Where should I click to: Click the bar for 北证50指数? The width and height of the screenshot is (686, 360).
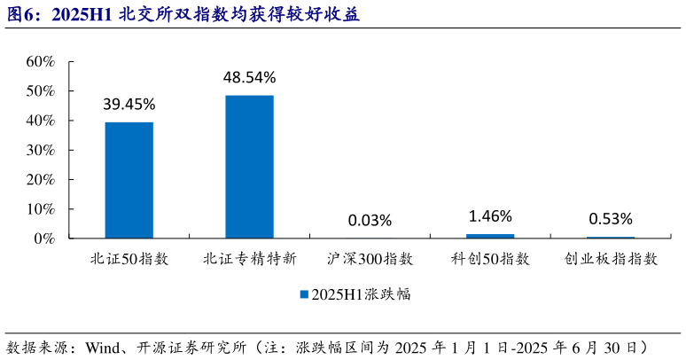[x=129, y=180]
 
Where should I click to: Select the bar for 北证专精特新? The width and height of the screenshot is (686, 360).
[x=249, y=167]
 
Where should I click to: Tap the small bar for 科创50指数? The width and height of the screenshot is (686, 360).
[x=490, y=236]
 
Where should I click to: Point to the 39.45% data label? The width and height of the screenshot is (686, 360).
[x=129, y=104]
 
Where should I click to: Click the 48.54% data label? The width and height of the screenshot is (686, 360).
[x=249, y=77]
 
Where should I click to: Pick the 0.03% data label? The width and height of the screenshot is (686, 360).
[x=370, y=220]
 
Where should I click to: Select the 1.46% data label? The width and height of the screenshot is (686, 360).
[x=490, y=215]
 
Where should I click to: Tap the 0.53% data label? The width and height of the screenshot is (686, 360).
[x=611, y=218]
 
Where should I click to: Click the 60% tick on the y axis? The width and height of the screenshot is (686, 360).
[x=40, y=62]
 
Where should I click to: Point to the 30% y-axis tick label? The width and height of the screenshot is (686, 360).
[x=40, y=150]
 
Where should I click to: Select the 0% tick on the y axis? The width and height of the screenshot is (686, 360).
[x=44, y=239]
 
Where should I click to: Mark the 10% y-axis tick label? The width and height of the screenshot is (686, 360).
[x=40, y=209]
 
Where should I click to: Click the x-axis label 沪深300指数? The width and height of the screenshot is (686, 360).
[x=370, y=260]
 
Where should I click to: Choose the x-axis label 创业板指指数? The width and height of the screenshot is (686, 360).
[x=611, y=260]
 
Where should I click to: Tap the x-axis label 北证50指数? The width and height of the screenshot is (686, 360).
[x=129, y=260]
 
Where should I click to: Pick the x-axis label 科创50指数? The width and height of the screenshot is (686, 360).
[x=490, y=260]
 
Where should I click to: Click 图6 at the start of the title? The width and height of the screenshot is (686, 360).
[x=20, y=15]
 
